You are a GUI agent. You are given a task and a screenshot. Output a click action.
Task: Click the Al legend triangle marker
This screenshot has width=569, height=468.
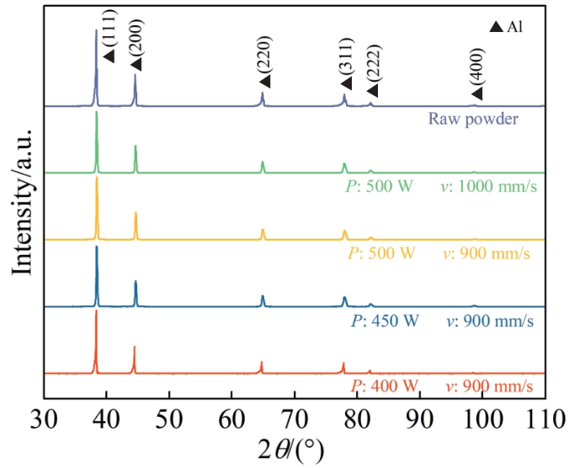click(496, 27)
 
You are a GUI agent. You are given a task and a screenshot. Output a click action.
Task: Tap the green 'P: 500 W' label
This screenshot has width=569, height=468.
click(380, 186)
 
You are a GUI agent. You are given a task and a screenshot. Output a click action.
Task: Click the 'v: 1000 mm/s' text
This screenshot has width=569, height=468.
click(488, 186)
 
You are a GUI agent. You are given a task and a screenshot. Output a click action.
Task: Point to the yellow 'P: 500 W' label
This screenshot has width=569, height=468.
click(380, 253)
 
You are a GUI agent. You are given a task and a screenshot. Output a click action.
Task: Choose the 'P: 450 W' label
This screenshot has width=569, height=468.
click(380, 321)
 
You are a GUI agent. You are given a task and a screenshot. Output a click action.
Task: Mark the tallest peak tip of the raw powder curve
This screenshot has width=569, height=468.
click(96, 30)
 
